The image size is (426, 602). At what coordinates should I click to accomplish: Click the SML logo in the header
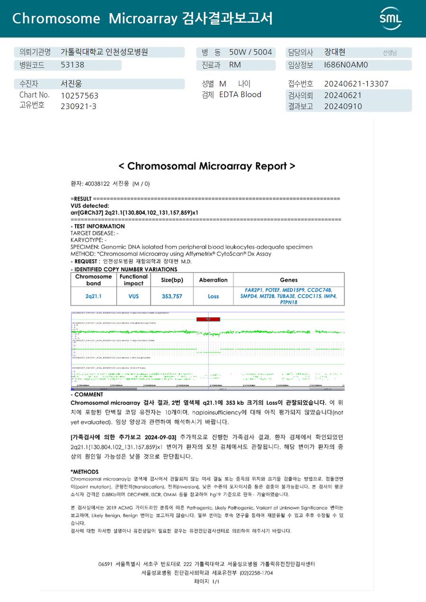pyautogui.click(x=390, y=18)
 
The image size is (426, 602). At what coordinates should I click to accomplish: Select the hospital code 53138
pyautogui.click(x=72, y=65)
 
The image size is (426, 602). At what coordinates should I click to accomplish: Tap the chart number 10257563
pyautogui.click(x=80, y=95)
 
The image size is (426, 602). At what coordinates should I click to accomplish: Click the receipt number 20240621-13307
pyautogui.click(x=356, y=84)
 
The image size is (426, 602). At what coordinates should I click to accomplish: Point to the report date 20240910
pyautogui.click(x=343, y=106)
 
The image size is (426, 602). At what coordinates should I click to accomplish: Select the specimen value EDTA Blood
pyautogui.click(x=240, y=95)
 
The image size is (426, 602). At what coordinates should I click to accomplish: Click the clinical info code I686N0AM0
pyautogui.click(x=346, y=65)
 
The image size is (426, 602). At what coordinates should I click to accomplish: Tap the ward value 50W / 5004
pyautogui.click(x=250, y=52)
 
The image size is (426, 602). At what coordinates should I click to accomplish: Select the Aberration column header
pyautogui.click(x=213, y=280)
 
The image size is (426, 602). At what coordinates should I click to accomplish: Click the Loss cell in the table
pyautogui.click(x=213, y=296)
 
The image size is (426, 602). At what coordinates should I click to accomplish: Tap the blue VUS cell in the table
pyautogui.click(x=133, y=296)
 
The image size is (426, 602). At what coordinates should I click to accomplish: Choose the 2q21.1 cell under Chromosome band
pyautogui.click(x=94, y=296)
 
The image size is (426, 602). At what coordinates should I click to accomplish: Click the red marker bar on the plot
pyautogui.click(x=208, y=319)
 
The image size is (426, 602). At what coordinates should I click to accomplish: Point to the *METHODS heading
pyautogui.click(x=84, y=472)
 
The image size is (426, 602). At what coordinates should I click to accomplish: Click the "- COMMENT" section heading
pyautogui.click(x=87, y=395)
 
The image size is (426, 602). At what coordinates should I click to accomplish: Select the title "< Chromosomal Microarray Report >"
pyautogui.click(x=207, y=166)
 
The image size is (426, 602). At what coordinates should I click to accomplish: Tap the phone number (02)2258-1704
pyautogui.click(x=256, y=573)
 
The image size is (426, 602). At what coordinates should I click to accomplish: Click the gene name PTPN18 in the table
pyautogui.click(x=288, y=302)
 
